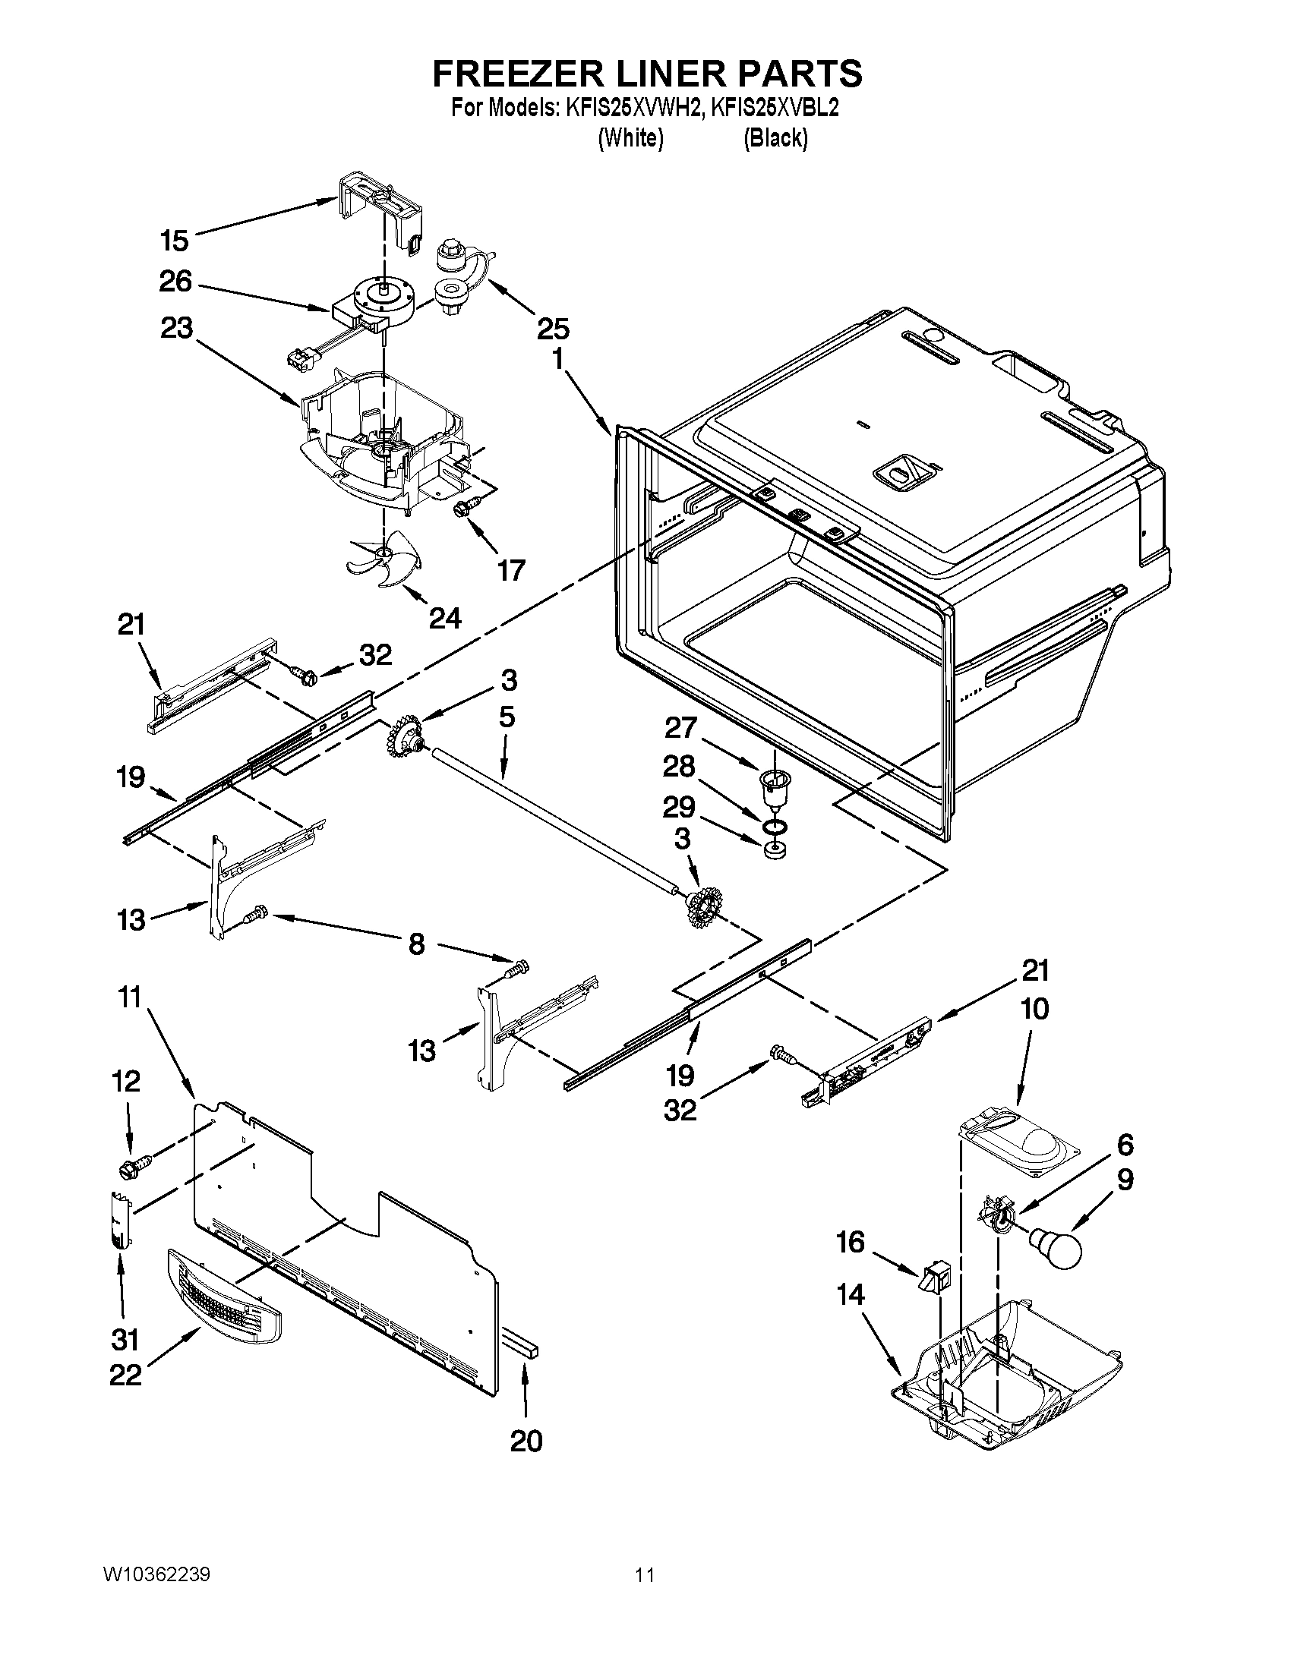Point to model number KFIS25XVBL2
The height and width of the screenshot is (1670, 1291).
[774, 109]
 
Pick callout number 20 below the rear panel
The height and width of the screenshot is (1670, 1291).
[526, 1441]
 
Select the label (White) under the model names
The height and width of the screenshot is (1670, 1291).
[630, 138]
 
